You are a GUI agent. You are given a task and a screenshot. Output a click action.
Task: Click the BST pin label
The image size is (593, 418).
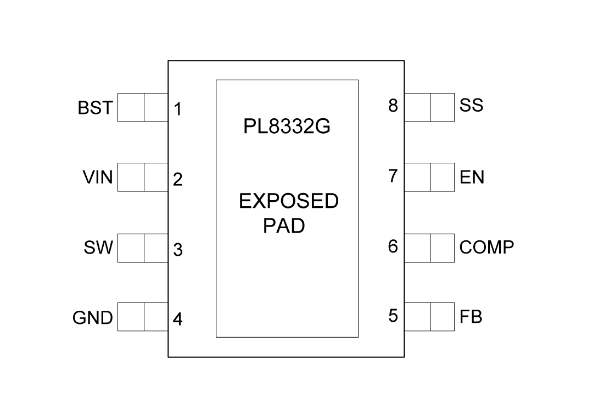pos(95,108)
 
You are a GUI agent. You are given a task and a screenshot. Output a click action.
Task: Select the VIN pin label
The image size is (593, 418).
pos(97,178)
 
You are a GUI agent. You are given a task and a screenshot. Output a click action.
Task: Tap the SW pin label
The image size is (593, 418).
pos(98,248)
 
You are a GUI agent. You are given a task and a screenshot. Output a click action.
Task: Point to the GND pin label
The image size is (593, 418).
pos(93,318)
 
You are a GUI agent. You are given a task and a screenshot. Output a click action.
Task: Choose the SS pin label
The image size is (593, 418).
pos(472,105)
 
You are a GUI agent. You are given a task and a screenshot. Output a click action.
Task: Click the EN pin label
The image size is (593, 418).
pos(472,178)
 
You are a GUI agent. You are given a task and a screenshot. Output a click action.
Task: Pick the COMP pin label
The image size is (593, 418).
pos(487,248)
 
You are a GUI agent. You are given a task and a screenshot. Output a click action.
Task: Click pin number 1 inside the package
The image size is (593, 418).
pos(178,109)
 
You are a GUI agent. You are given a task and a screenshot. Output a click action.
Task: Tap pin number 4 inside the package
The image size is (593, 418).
pos(178,320)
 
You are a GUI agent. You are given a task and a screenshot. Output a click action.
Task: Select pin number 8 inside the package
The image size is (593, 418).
pos(393,106)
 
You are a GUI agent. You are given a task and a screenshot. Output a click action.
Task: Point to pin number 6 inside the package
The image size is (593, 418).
pos(393,246)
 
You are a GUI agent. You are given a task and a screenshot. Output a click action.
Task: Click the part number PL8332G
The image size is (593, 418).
pos(287,128)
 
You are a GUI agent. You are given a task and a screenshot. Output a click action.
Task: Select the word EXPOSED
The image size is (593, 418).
pos(289,202)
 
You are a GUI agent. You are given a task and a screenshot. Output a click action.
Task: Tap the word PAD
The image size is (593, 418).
pos(284,226)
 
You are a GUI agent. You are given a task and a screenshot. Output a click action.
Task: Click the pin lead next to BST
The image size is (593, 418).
pos(143,107)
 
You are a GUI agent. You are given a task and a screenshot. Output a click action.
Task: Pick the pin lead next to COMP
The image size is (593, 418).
pos(429,248)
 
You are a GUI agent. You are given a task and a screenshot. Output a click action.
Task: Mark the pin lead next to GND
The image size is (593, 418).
pos(143,317)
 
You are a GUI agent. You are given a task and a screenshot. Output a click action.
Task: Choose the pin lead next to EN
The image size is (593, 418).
pos(429,178)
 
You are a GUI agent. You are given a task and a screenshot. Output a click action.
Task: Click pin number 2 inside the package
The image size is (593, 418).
pos(178,180)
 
